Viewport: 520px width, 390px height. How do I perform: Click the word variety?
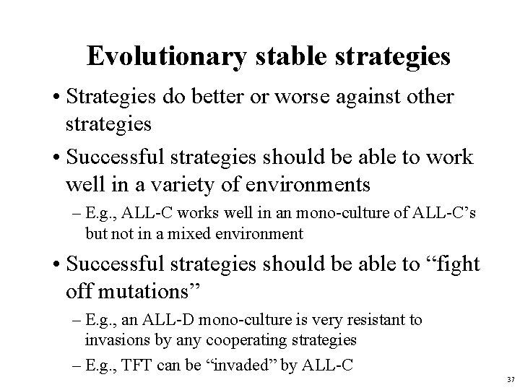[x=200, y=184]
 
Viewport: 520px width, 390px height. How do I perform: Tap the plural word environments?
[x=308, y=184]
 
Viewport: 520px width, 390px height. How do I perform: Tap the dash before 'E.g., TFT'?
[x=77, y=365]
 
